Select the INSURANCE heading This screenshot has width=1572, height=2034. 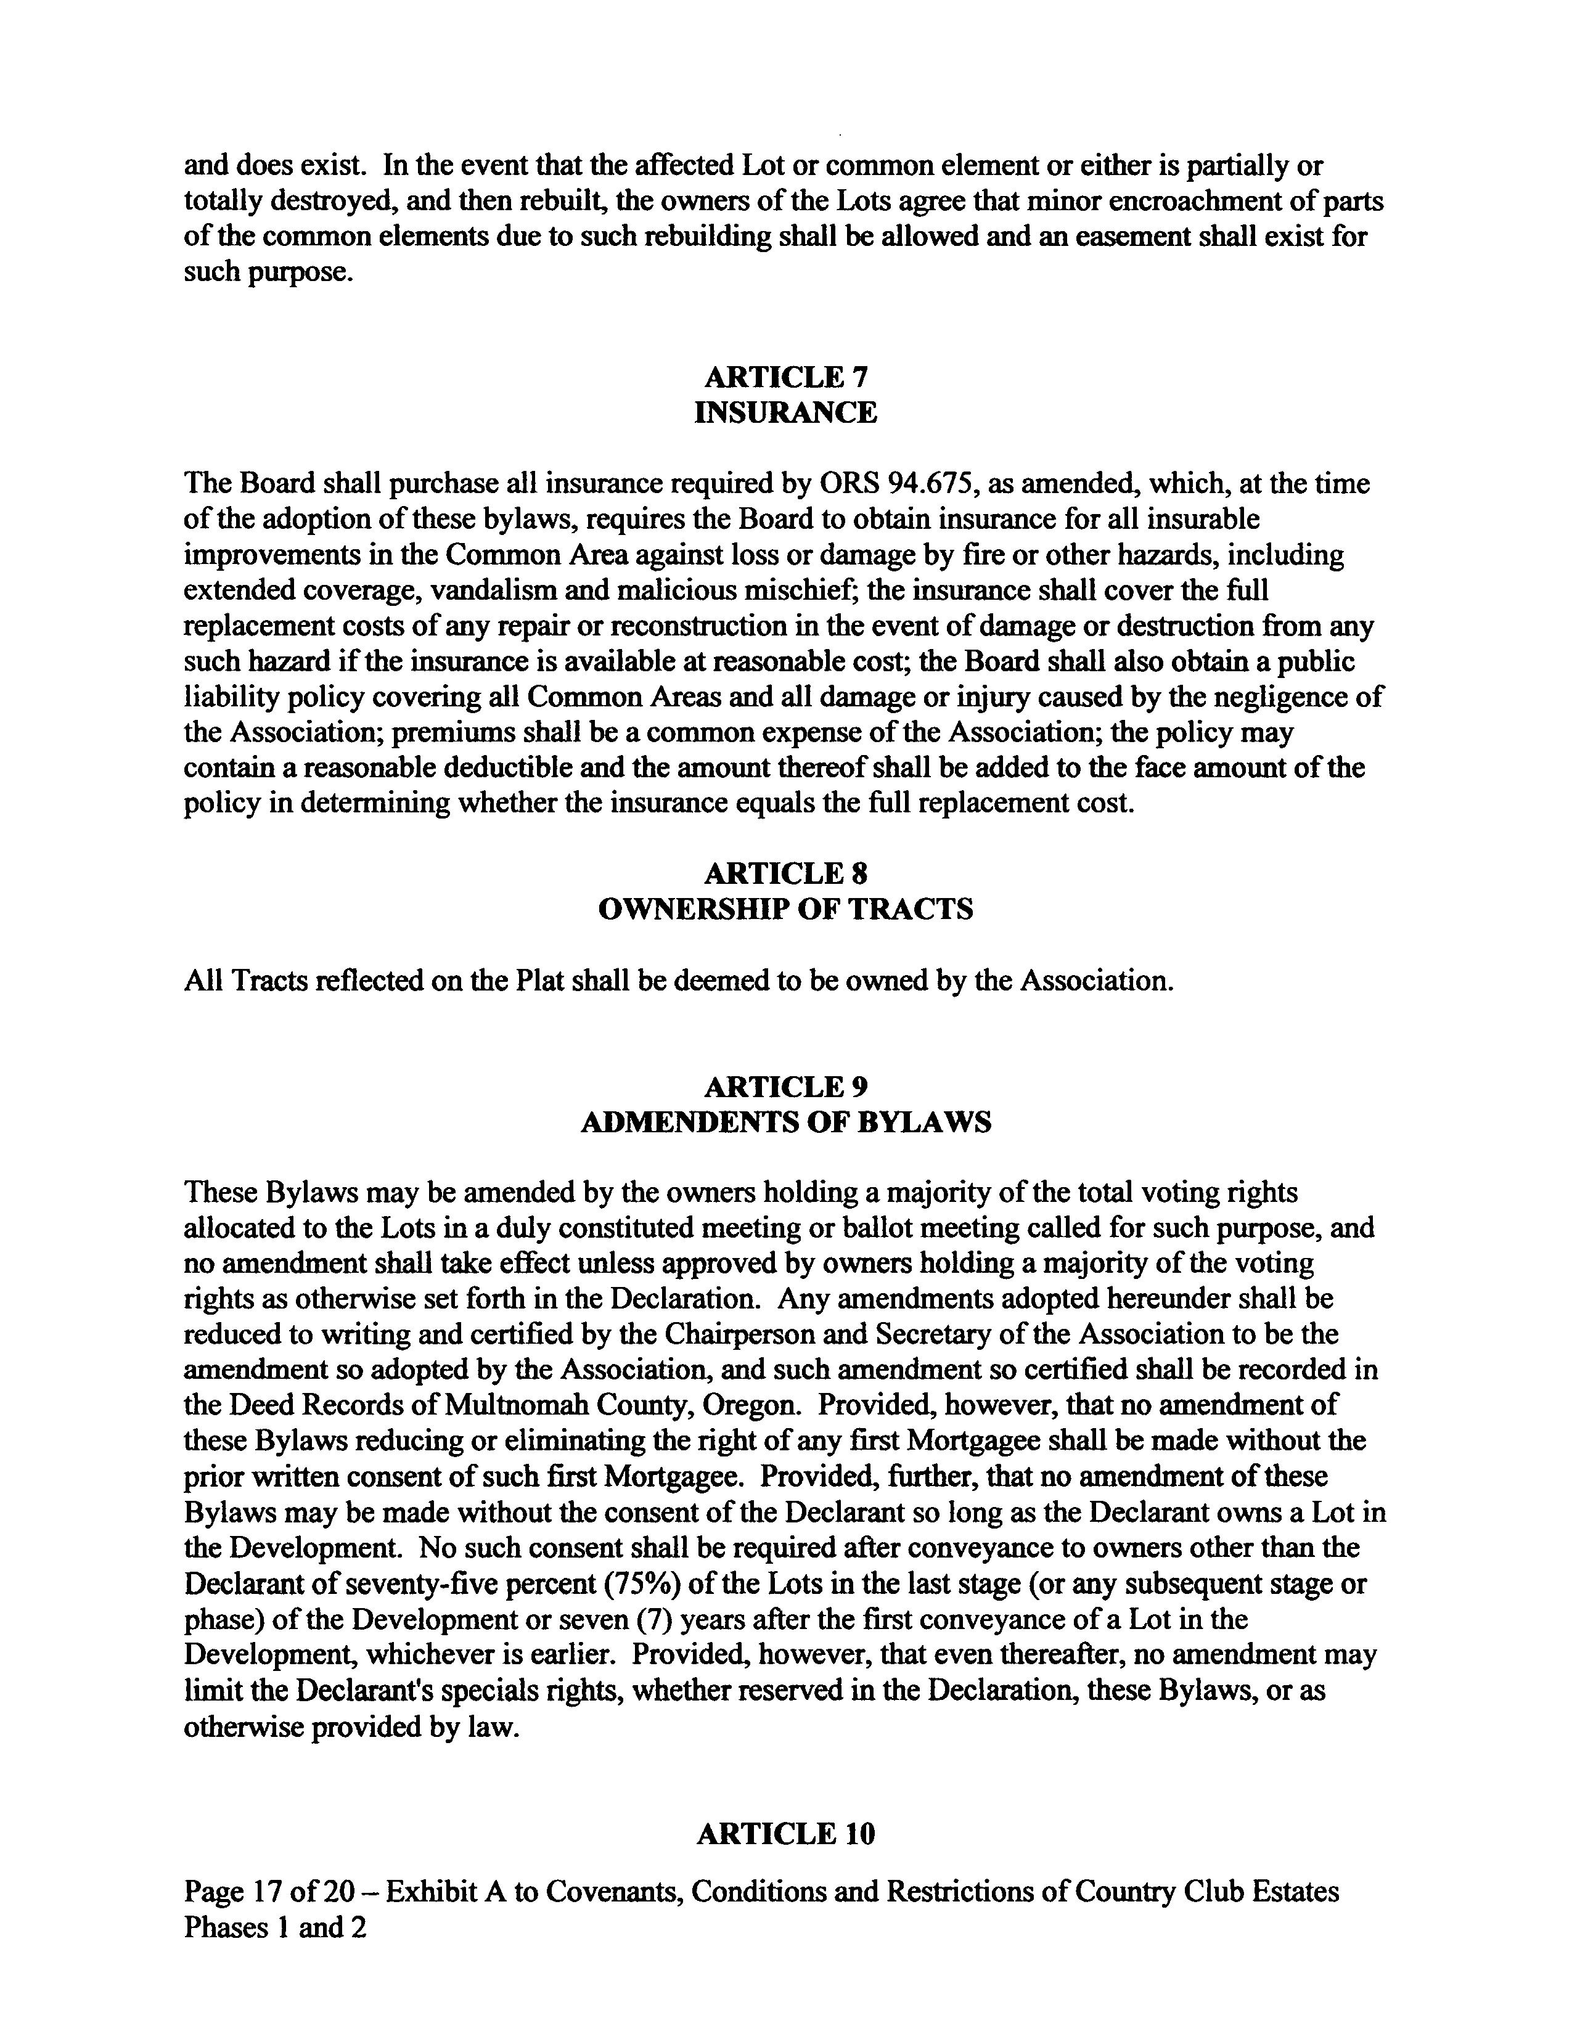[785, 412]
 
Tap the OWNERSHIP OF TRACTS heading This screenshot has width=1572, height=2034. [785, 909]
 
